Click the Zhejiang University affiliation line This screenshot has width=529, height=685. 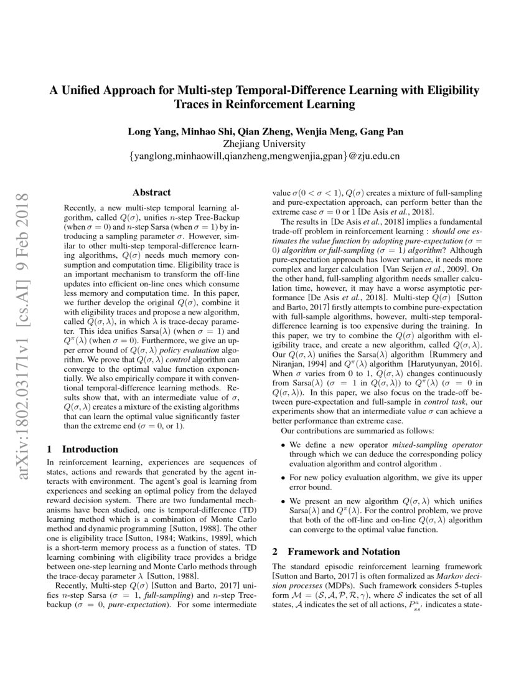265,143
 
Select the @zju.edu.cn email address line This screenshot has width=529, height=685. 265,156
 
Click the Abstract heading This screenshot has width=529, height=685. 152,192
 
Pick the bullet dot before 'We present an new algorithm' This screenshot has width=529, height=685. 284,501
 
